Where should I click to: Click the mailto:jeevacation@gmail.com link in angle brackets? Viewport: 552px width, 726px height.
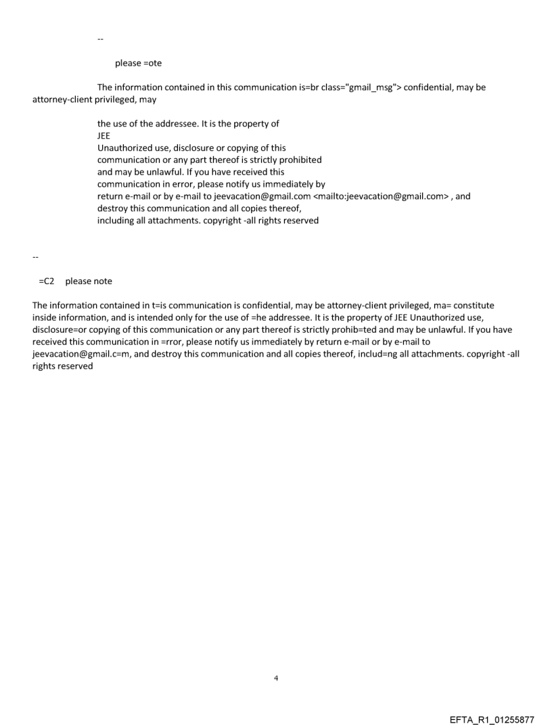coord(382,196)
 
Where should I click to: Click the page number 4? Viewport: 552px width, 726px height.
coord(276,677)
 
